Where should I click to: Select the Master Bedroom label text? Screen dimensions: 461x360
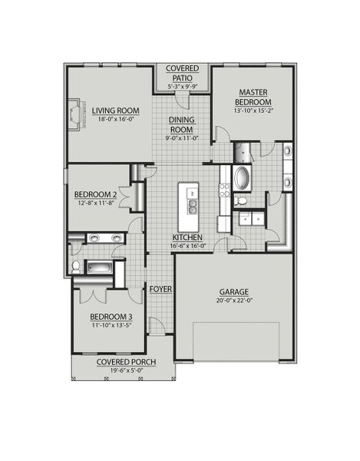[252, 98]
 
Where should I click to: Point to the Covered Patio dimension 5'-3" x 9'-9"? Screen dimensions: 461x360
[181, 87]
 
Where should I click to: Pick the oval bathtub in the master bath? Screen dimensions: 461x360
[241, 178]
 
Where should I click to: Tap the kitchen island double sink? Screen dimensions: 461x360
[190, 206]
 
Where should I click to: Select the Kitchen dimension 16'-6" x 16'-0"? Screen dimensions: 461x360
[187, 247]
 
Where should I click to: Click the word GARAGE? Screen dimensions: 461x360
[233, 293]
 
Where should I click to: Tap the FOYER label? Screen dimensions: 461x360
[160, 289]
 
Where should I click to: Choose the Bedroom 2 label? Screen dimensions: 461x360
[94, 194]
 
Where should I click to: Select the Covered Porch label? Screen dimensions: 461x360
[122, 362]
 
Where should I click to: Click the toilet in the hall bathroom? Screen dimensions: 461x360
[76, 267]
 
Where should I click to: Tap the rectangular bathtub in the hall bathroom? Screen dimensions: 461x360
[100, 268]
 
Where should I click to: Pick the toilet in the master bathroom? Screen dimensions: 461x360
[241, 202]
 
